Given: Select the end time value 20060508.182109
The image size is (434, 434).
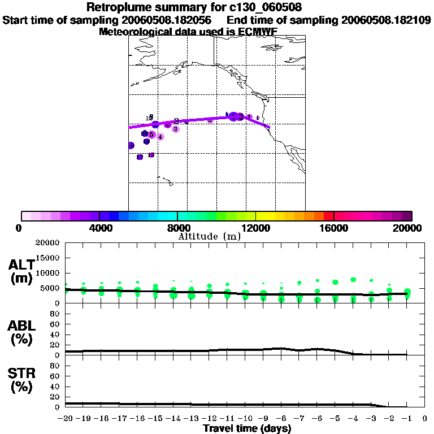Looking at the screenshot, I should point(386,20).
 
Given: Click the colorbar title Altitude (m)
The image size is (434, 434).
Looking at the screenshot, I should point(209,236).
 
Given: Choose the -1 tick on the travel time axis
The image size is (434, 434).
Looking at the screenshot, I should point(406,419).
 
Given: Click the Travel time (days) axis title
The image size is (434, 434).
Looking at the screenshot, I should point(247,428).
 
